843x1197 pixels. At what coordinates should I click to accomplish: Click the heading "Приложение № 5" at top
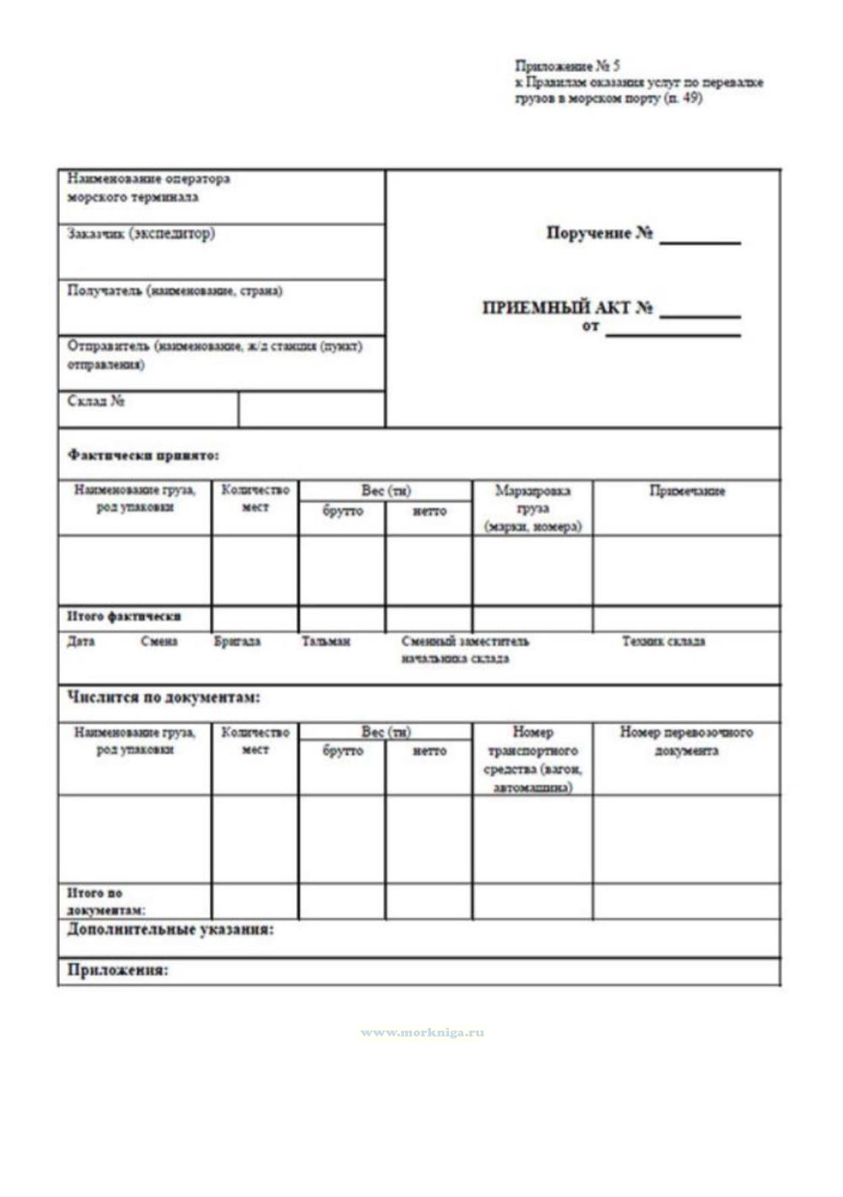(x=567, y=66)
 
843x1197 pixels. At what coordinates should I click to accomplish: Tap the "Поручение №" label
(x=599, y=233)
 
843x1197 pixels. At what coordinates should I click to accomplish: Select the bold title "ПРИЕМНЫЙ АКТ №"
(x=567, y=308)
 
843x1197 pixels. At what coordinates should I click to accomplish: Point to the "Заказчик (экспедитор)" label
(x=141, y=234)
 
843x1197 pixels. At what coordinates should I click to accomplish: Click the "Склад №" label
(x=96, y=401)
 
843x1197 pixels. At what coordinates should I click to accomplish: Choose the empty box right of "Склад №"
(x=312, y=409)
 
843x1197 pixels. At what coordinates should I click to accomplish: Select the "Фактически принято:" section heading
(x=143, y=455)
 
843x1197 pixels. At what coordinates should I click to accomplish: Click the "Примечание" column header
(x=687, y=491)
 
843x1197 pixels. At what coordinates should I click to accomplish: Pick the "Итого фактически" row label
(x=124, y=616)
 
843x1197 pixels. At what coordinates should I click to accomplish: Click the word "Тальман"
(x=326, y=641)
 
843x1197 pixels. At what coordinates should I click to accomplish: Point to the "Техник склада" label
(x=664, y=641)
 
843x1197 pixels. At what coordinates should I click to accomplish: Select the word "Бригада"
(x=237, y=641)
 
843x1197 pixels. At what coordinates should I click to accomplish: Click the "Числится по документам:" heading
(x=163, y=697)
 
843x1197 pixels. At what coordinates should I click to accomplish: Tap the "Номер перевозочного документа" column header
(x=687, y=741)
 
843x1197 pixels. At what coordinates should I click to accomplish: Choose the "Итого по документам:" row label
(x=105, y=901)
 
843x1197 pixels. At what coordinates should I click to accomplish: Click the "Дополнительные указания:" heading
(x=171, y=930)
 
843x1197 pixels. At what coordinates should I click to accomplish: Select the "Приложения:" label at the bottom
(x=117, y=970)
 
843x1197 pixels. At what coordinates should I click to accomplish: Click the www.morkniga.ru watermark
(x=422, y=1032)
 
